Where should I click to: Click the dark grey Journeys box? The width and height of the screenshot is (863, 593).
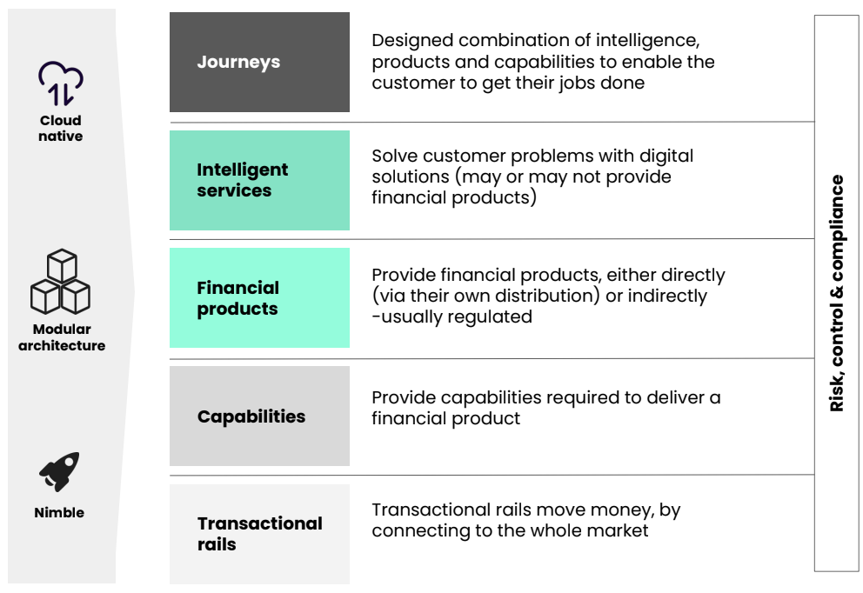tap(259, 62)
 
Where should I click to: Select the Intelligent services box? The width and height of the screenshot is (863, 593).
tap(259, 181)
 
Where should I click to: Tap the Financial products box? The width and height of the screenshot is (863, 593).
tap(259, 297)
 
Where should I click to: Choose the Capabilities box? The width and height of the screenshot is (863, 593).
tap(259, 416)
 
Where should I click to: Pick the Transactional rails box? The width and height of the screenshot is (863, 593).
tap(259, 534)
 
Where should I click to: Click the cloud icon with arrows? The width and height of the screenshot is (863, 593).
tap(61, 83)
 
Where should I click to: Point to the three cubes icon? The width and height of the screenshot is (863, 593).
tap(61, 281)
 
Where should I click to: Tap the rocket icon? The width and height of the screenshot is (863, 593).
tap(59, 471)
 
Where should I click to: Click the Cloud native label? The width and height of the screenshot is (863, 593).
tap(61, 128)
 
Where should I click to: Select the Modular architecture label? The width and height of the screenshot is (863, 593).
tap(62, 337)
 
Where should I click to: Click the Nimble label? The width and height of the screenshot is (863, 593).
tap(59, 513)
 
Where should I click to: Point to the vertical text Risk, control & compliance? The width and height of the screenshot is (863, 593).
tap(837, 293)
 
